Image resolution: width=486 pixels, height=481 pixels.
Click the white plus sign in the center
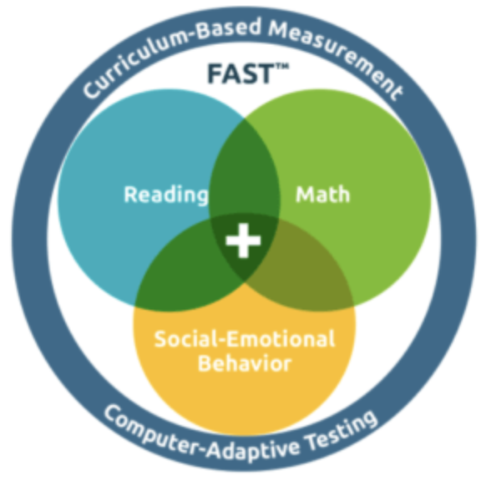[243, 240]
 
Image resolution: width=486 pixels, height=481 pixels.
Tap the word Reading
[166, 195]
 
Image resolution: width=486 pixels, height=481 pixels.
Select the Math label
[323, 195]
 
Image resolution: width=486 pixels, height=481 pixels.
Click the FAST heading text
[240, 73]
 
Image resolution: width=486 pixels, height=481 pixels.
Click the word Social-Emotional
[245, 338]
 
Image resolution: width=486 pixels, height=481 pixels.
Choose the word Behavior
[245, 363]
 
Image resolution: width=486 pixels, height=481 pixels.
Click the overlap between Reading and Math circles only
[245, 167]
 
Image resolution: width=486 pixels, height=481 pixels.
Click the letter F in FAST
[215, 73]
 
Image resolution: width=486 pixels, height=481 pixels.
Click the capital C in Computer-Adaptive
[114, 413]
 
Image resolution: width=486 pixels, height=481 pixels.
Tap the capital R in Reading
[130, 194]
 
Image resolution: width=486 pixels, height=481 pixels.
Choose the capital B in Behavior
[205, 362]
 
